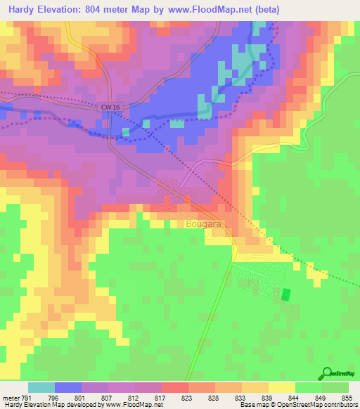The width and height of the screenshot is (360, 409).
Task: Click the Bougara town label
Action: [x=203, y=224]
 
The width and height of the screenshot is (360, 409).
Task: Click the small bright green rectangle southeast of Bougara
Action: [x=285, y=294]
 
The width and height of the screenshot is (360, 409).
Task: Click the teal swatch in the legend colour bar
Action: [x=41, y=387]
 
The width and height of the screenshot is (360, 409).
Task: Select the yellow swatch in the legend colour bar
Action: [x=282, y=387]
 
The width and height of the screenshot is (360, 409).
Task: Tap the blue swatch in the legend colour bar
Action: [x=68, y=387]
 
